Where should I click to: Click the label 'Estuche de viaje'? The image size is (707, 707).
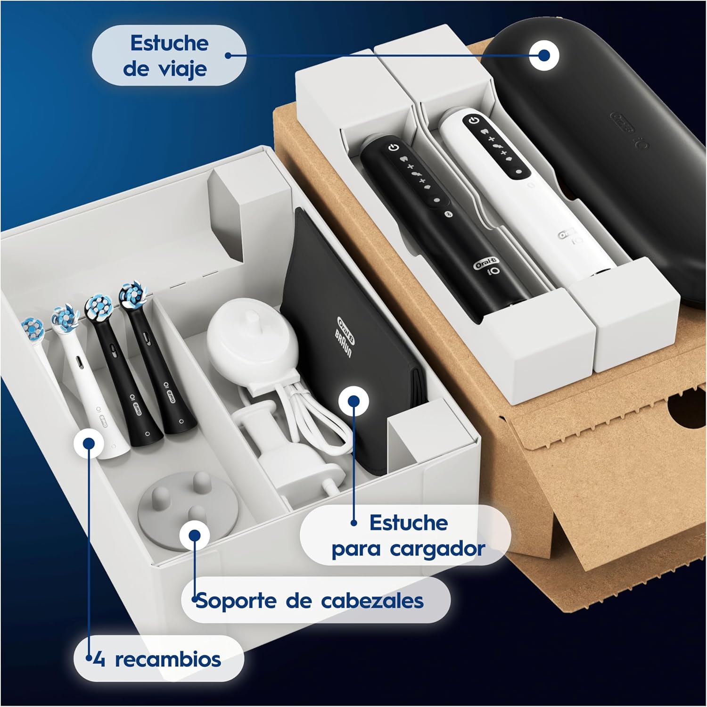coord(169,56)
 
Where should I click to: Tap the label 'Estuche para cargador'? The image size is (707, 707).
coord(408,535)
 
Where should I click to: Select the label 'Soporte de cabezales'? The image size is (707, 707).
coord(310,601)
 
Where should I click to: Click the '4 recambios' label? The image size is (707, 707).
coord(157,659)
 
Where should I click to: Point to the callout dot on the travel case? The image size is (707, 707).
coord(544,55)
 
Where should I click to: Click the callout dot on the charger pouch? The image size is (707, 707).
coord(354,402)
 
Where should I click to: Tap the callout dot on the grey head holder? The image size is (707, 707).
coord(194,535)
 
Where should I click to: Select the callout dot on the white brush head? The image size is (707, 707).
coord(88,443)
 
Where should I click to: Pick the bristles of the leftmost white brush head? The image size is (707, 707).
coord(33,328)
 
